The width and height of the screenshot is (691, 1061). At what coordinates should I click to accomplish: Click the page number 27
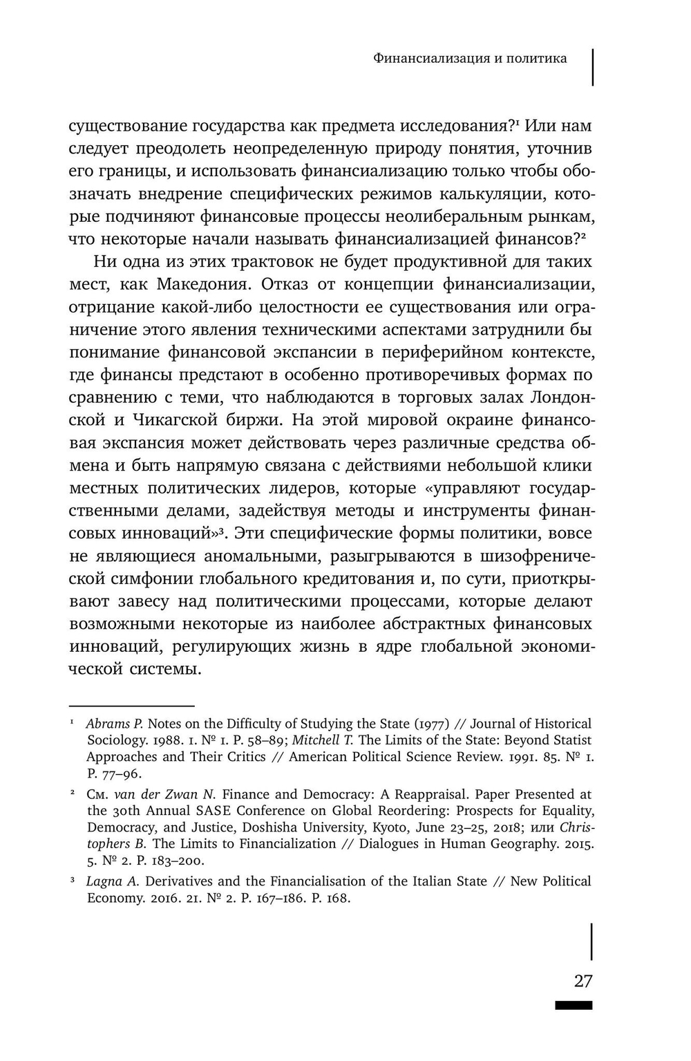583,981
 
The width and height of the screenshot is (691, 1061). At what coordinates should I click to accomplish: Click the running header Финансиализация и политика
470,58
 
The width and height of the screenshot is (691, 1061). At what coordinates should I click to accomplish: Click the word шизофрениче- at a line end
531,556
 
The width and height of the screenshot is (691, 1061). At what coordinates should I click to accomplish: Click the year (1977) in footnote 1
428,724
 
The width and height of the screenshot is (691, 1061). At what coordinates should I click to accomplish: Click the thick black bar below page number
573,1006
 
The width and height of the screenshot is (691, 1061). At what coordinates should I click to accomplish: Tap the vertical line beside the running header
593,66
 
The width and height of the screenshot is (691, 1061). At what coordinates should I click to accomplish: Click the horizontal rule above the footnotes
132,706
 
